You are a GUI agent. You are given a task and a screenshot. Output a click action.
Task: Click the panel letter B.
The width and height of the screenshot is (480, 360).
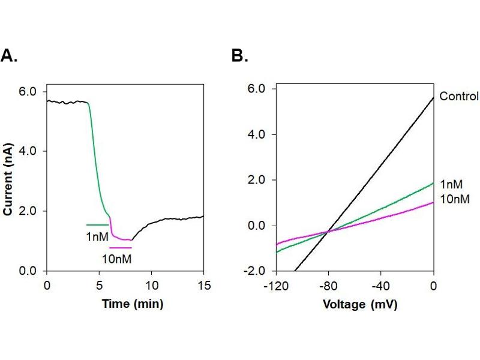pyautogui.click(x=239, y=56)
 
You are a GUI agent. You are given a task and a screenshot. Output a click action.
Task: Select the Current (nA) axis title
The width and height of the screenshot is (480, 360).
pyautogui.click(x=9, y=181)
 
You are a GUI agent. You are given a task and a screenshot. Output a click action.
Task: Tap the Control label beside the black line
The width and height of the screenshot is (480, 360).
pyautogui.click(x=458, y=96)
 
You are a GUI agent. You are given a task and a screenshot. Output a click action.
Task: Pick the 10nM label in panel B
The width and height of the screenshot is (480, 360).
pyautogui.click(x=454, y=199)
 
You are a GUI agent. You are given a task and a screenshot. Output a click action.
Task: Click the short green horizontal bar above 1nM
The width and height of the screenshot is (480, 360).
pyautogui.click(x=98, y=225)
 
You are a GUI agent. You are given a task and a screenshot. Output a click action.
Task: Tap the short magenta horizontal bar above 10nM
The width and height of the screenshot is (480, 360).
pyautogui.click(x=120, y=247)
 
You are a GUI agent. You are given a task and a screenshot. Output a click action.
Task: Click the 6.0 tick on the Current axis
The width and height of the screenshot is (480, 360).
pyautogui.click(x=29, y=91)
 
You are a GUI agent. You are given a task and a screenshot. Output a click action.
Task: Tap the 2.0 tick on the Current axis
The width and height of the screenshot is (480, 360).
pyautogui.click(x=29, y=211)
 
